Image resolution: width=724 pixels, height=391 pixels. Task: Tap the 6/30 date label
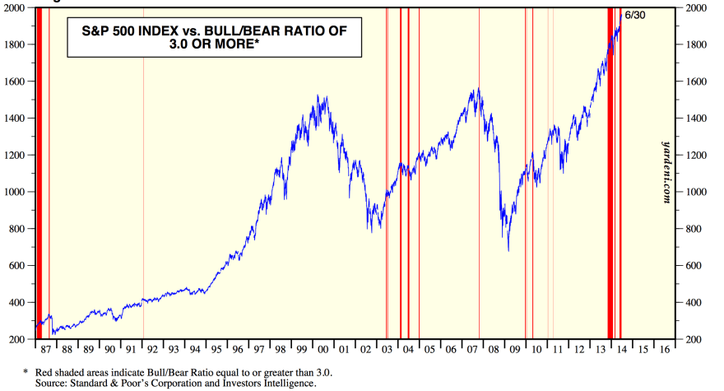tap(635, 15)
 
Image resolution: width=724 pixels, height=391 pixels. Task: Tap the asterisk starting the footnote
tap(26, 371)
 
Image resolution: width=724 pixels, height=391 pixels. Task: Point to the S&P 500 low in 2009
tap(508, 250)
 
